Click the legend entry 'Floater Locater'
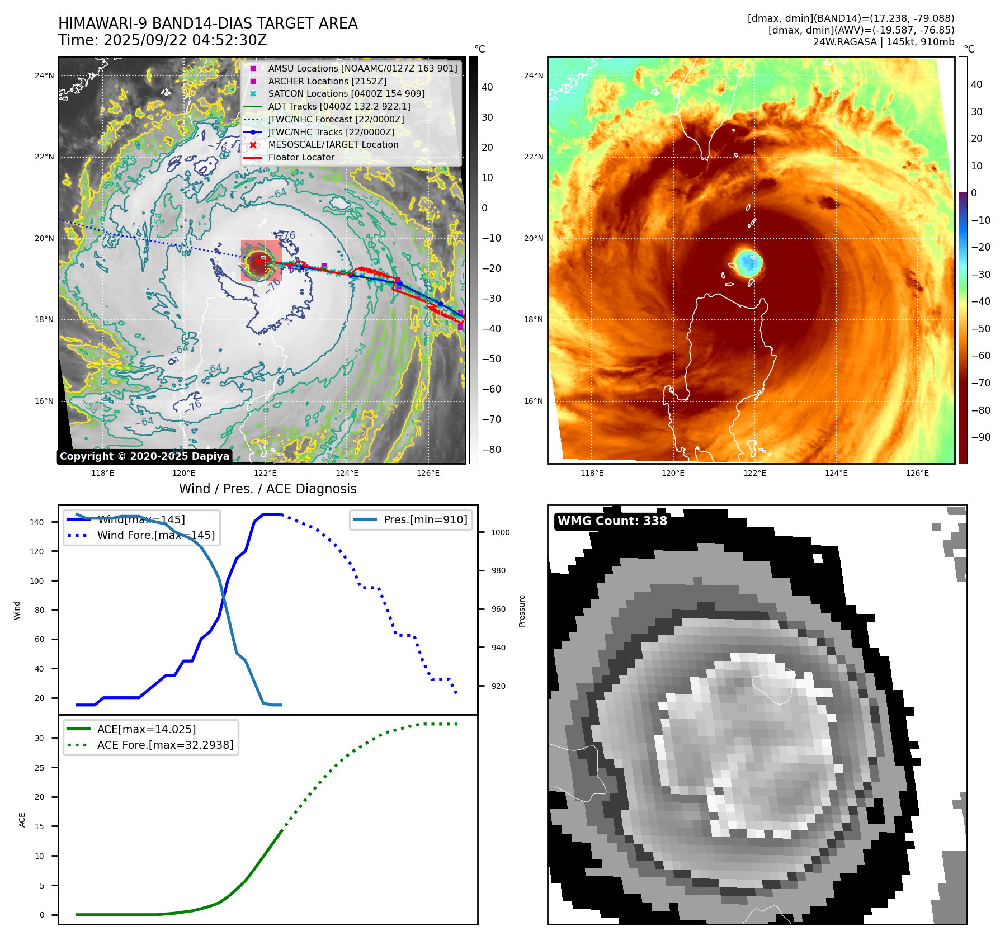[301, 158]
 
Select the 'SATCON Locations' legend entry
[346, 94]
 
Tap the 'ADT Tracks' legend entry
[339, 106]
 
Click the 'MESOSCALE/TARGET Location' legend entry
[333, 145]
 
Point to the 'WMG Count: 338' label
[612, 521]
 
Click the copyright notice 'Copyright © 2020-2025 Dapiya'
[144, 456]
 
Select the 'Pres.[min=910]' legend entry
[425, 519]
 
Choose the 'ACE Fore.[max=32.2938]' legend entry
[165, 745]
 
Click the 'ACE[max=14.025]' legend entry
[147, 729]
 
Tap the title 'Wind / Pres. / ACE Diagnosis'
[267, 489]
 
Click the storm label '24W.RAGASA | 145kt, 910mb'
[884, 42]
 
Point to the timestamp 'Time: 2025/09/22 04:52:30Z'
[162, 40]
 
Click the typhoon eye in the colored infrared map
[747, 262]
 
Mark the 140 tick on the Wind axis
[37, 522]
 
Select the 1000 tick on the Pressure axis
[501, 532]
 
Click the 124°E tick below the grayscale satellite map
[347, 473]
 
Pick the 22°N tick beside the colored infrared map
[534, 157]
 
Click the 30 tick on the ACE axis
[39, 738]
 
